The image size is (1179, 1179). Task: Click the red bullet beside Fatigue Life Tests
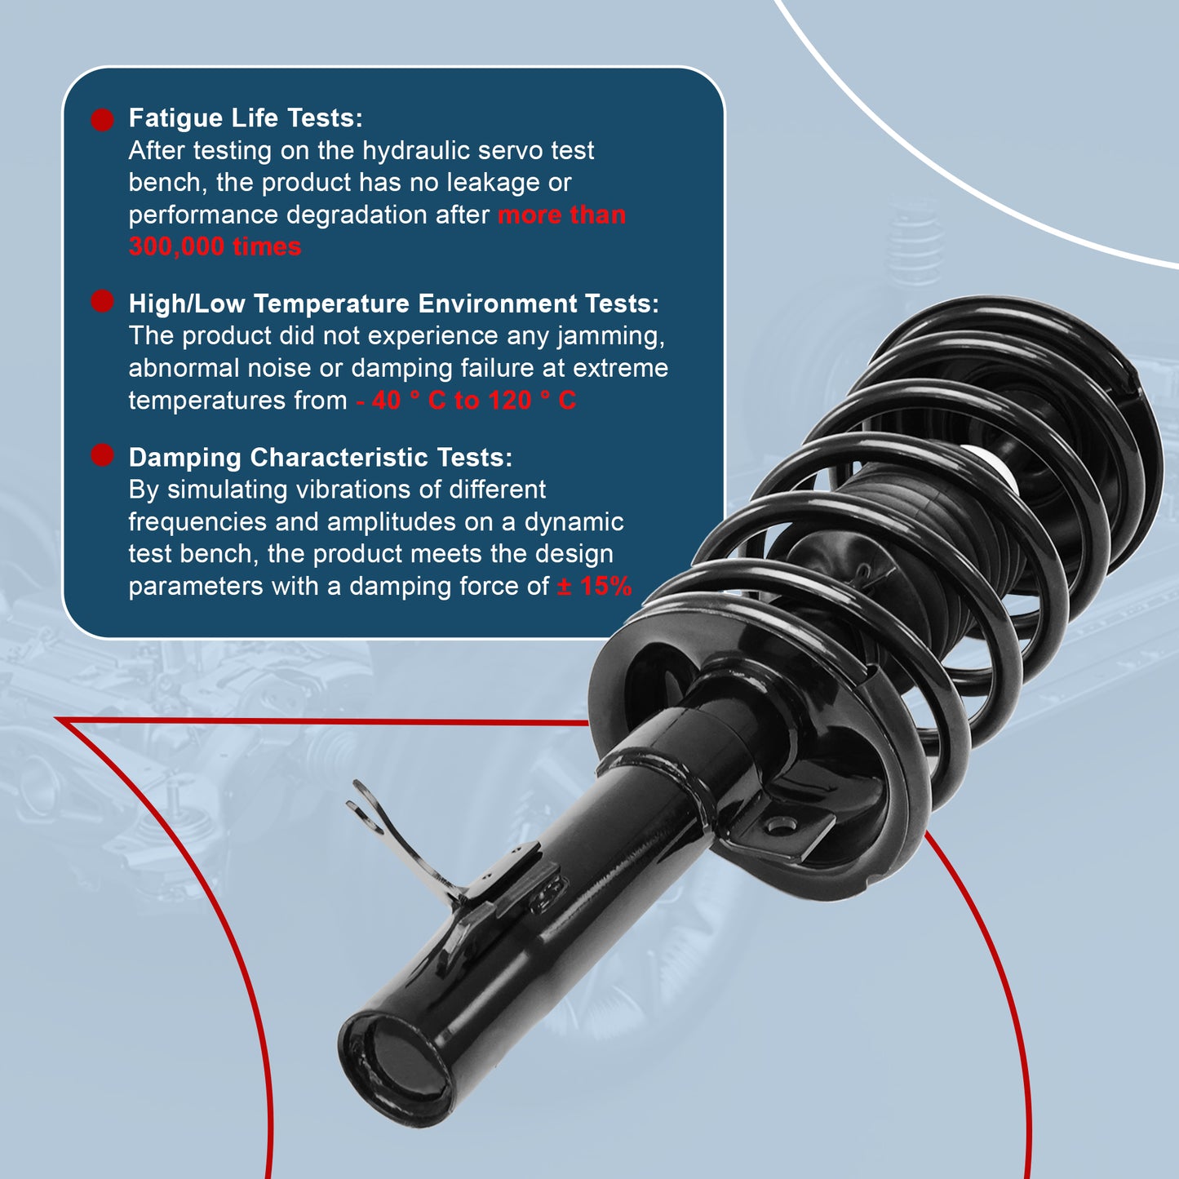[x=102, y=120]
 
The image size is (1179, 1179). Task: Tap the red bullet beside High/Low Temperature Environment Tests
[x=102, y=301]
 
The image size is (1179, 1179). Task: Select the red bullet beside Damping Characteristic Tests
[x=102, y=455]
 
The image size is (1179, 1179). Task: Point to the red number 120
[x=510, y=401]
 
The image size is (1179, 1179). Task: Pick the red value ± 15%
[x=594, y=586]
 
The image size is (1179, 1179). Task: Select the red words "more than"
[x=561, y=215]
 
